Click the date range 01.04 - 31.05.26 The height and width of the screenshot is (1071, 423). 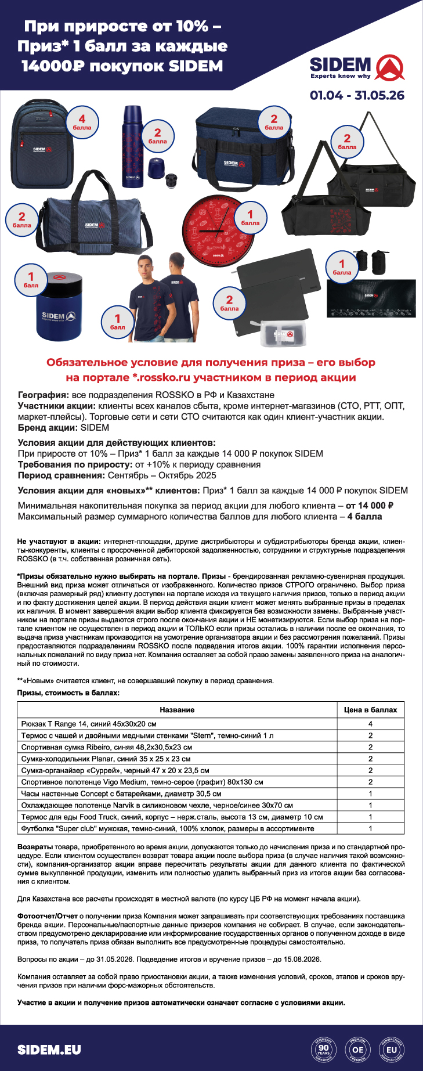click(357, 95)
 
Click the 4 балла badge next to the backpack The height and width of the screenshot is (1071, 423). click(82, 122)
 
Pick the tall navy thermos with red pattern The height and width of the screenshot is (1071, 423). click(132, 147)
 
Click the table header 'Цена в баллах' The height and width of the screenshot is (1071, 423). click(370, 709)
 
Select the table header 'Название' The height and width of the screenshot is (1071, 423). click(177, 709)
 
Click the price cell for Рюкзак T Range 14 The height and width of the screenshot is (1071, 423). click(370, 724)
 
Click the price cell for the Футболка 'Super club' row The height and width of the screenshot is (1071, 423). click(370, 828)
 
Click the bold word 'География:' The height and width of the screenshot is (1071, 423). click(44, 395)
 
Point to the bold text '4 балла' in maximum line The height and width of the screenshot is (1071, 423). click(364, 516)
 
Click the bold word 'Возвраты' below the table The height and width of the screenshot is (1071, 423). click(35, 847)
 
